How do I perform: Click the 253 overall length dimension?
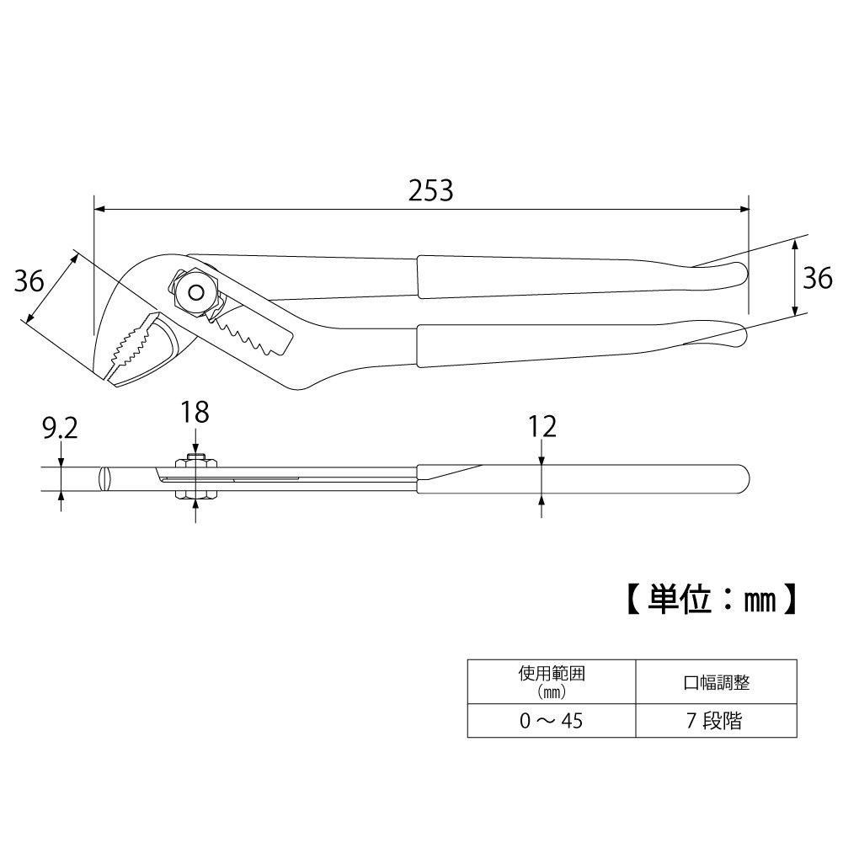[x=430, y=190]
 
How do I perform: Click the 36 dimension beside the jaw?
[x=29, y=280]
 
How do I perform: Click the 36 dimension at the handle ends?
[x=816, y=278]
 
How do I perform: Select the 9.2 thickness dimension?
[x=60, y=430]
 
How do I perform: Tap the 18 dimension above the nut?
[x=195, y=412]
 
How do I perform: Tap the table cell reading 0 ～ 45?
[x=550, y=721]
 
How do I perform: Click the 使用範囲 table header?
[x=550, y=681]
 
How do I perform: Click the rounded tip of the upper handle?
[x=739, y=273]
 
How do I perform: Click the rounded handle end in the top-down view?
[x=742, y=479]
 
